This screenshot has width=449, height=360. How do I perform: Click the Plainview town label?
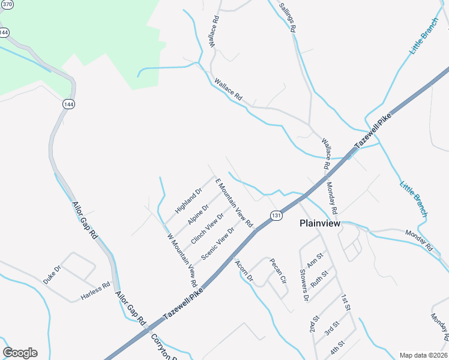320,223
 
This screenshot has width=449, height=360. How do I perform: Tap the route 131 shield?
276,216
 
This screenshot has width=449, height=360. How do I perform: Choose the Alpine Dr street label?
198,214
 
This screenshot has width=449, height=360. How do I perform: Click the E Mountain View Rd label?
235,203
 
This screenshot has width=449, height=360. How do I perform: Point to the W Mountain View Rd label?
182,259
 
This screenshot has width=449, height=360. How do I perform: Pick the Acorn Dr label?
244,271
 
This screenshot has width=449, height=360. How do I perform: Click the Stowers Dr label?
304,285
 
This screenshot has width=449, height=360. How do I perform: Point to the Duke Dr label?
52,275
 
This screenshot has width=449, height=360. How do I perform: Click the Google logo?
20,353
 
